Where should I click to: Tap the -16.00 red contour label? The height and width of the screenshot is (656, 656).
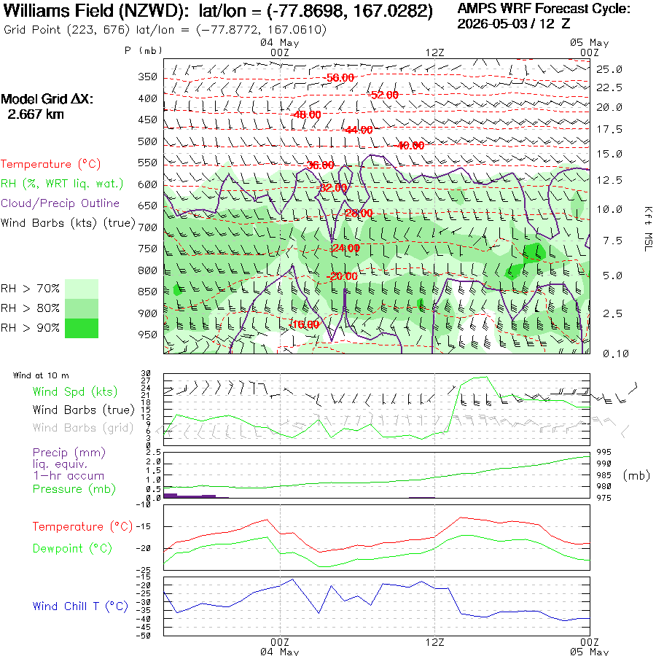click(305, 324)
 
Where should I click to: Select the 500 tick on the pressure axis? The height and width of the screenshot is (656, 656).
click(148, 141)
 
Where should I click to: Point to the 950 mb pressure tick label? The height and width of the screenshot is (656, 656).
click(148, 335)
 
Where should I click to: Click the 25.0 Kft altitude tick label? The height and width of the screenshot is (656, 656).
click(609, 69)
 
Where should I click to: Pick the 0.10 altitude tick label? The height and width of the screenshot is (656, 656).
click(616, 354)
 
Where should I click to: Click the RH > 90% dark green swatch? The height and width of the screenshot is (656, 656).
click(82, 328)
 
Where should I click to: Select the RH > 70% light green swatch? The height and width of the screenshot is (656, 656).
click(82, 289)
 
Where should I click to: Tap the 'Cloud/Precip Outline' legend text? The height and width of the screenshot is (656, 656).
click(60, 203)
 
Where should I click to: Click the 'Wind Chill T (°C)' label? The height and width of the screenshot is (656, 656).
click(80, 606)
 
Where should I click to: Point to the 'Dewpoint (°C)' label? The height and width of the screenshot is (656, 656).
click(72, 548)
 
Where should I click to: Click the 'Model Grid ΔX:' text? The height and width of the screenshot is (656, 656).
click(47, 99)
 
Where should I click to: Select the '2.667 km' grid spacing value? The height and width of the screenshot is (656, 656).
click(36, 114)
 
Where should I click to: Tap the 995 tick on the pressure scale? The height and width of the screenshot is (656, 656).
click(604, 452)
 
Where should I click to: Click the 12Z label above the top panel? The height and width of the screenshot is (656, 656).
click(434, 52)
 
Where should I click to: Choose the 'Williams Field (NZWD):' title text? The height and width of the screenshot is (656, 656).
click(97, 11)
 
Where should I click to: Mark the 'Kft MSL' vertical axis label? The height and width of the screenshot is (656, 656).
click(648, 230)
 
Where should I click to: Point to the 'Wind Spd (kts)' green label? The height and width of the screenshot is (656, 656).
click(75, 391)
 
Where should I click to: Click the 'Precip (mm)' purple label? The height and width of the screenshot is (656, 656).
click(69, 452)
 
